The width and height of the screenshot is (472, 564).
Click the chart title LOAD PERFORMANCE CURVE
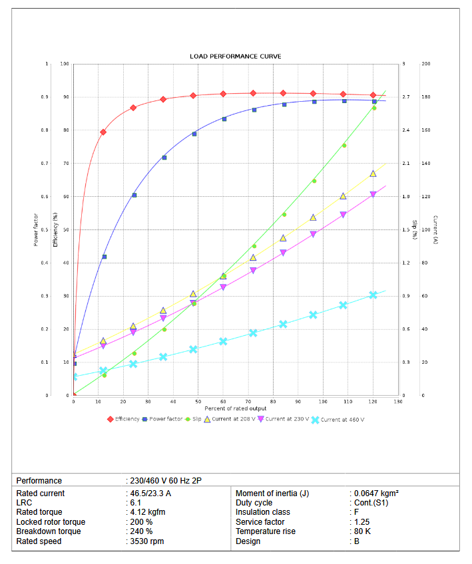(x=235, y=57)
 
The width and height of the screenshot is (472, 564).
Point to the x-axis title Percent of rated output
(x=236, y=408)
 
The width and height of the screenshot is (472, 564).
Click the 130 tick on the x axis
(x=398, y=401)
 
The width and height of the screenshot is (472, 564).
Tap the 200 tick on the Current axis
(x=426, y=64)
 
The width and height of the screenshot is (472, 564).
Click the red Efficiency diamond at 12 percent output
(x=103, y=132)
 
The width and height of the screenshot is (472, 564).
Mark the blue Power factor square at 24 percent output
(x=134, y=195)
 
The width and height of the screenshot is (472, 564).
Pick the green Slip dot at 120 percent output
(x=374, y=108)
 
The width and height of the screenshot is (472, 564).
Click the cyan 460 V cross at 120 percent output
(x=373, y=295)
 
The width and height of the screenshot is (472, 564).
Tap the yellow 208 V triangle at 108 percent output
(x=344, y=196)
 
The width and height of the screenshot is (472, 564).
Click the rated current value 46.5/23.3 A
(x=151, y=493)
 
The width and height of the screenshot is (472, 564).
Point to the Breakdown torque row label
(x=49, y=531)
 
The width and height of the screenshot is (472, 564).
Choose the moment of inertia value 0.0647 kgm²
(x=376, y=493)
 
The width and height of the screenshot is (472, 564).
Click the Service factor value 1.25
(x=361, y=522)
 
